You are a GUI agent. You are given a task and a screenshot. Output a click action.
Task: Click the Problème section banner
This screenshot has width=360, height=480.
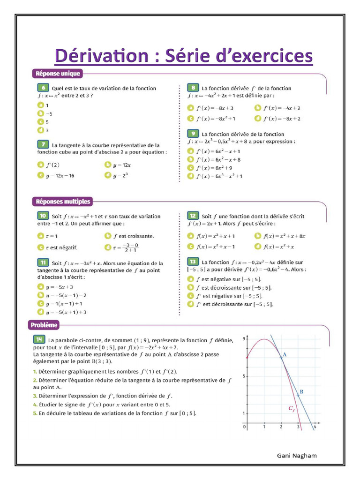[45, 324]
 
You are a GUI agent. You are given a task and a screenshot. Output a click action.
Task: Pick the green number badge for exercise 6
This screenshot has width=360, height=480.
[43, 88]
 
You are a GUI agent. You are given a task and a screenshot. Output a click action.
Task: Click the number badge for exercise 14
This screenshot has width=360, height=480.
[39, 339]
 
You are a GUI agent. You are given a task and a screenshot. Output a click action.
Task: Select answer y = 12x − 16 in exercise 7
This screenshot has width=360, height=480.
[60, 175]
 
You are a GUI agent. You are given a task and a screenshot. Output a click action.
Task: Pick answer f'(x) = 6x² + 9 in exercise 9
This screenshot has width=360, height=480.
[213, 168]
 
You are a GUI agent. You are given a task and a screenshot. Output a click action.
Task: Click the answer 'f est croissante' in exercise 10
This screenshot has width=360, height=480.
[133, 236]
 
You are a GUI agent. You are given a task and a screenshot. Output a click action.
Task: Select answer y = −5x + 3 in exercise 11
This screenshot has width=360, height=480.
[59, 287]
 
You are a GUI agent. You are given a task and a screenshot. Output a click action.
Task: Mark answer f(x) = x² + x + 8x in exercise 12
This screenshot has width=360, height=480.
[284, 236]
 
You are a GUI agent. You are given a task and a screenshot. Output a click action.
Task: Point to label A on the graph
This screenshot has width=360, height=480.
[285, 355]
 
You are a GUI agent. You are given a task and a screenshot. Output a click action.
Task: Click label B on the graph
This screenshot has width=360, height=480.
[301, 391]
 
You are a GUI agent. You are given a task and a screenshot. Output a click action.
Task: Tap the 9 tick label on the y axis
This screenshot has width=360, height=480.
[243, 338]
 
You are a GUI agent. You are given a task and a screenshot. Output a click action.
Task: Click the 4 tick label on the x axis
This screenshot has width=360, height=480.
[315, 427]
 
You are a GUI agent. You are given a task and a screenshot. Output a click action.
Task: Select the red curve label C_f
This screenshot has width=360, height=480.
[292, 409]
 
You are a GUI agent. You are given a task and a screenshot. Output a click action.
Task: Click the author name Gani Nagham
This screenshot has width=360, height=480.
[297, 455]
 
